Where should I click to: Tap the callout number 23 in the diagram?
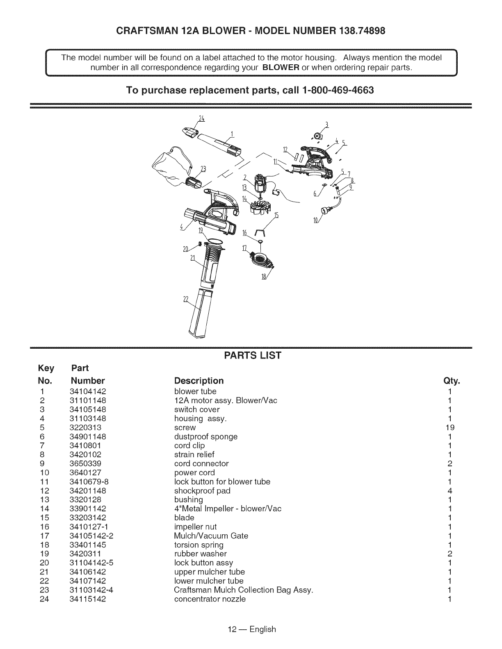point(202,169)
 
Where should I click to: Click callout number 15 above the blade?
point(276,216)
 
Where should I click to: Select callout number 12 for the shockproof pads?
point(286,148)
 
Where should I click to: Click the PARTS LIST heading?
point(251,355)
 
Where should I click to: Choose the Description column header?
point(199,381)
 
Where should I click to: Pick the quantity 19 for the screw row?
point(450,428)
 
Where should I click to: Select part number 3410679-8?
point(89,482)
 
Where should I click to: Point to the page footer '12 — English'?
point(251,629)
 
